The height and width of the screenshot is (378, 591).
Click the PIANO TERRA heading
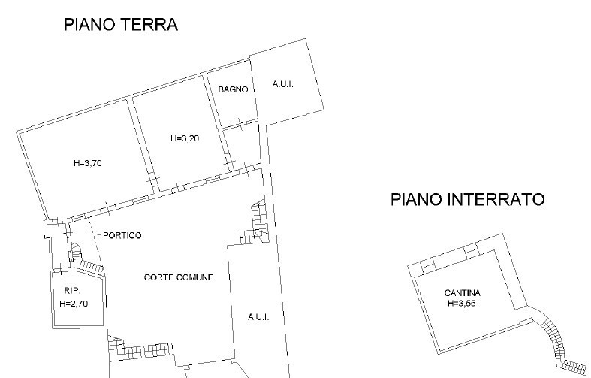click(x=120, y=25)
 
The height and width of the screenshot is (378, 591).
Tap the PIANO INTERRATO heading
click(x=467, y=200)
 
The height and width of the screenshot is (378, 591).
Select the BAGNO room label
click(x=233, y=89)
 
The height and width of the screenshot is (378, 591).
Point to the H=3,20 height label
click(x=184, y=138)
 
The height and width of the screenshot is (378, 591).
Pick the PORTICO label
click(x=122, y=235)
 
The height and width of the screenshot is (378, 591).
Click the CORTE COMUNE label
click(x=179, y=277)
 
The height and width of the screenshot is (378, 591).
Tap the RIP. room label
click(x=71, y=292)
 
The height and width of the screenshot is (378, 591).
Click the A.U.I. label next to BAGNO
click(x=282, y=85)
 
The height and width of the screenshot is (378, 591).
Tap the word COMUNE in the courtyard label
click(x=196, y=277)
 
